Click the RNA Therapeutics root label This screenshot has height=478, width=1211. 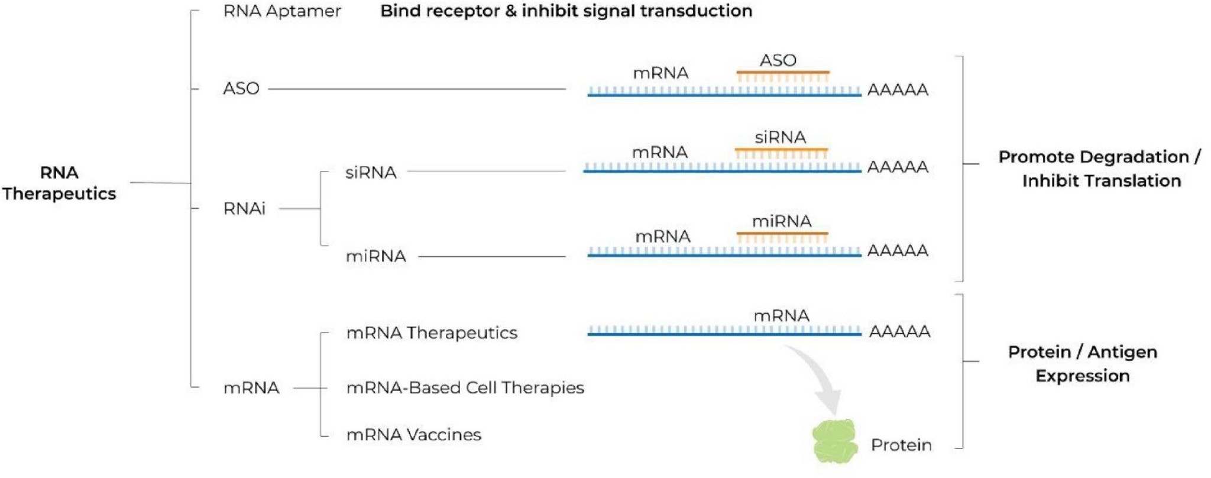pyautogui.click(x=59, y=183)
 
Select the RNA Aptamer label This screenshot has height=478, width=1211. pyautogui.click(x=281, y=11)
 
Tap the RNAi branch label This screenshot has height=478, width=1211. pyautogui.click(x=244, y=208)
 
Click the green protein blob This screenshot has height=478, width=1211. pyautogui.click(x=834, y=441)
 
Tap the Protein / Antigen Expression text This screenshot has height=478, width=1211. pyautogui.click(x=1082, y=363)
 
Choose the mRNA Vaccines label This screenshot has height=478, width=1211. pyautogui.click(x=413, y=435)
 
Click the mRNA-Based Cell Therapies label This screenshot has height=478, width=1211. pyautogui.click(x=465, y=387)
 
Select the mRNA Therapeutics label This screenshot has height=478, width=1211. pyautogui.click(x=432, y=332)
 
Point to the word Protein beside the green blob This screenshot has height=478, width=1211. pyautogui.click(x=901, y=445)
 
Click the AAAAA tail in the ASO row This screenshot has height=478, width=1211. pyautogui.click(x=897, y=90)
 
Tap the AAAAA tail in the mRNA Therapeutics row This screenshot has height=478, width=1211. pyautogui.click(x=899, y=331)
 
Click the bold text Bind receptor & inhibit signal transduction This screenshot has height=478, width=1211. pyautogui.click(x=566, y=11)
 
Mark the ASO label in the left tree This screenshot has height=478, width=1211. pyautogui.click(x=241, y=89)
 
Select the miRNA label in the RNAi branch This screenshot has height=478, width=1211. pyautogui.click(x=375, y=256)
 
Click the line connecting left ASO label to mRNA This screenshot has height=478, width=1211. pyautogui.click(x=417, y=89)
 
